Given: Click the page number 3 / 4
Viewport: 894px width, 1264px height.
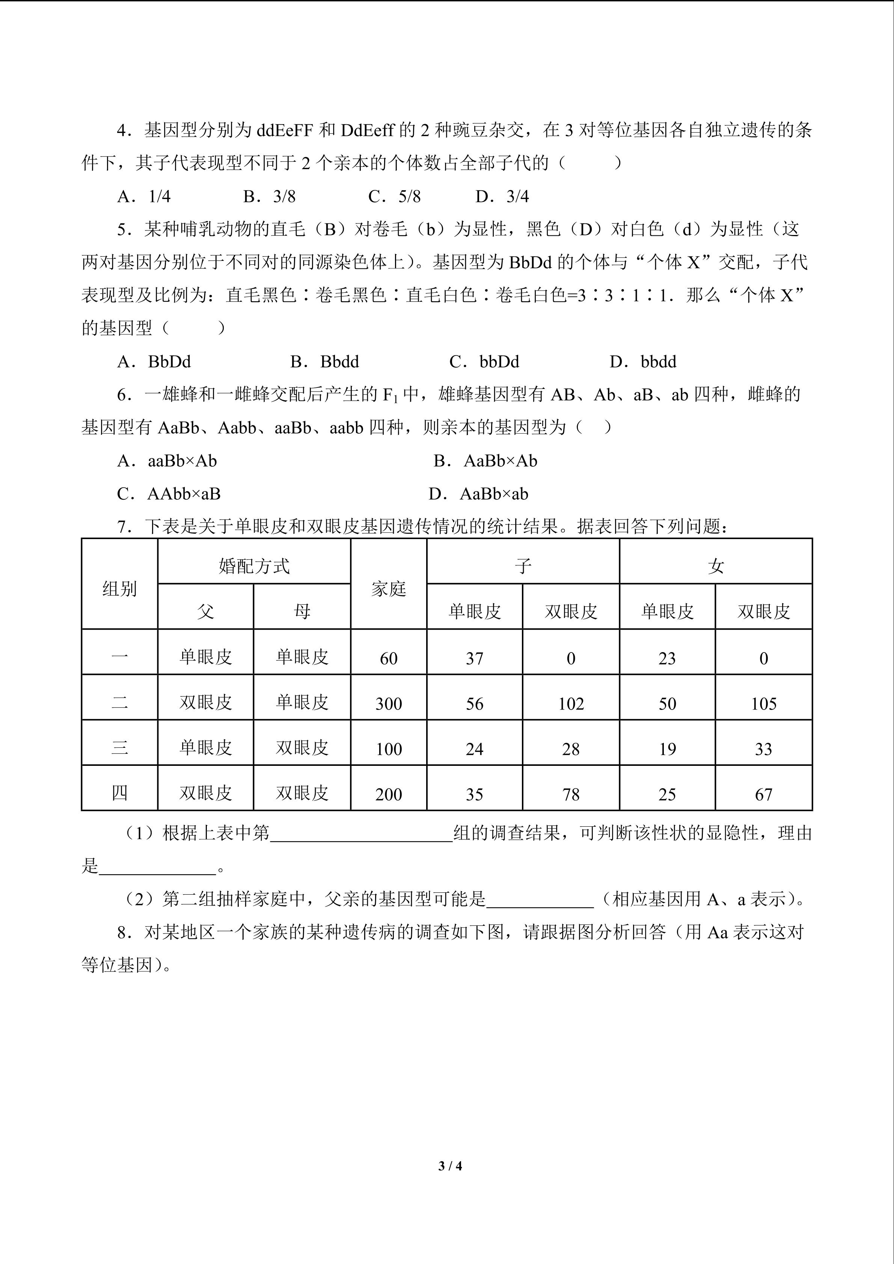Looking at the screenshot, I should [x=450, y=1166].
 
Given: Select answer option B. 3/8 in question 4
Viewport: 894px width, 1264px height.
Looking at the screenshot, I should [x=269, y=197].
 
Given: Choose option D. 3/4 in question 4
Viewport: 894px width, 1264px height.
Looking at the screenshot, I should [x=502, y=197].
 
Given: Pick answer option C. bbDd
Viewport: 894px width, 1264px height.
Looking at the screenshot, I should [x=484, y=362].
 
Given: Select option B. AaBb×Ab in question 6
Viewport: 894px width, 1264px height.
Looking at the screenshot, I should [x=485, y=461].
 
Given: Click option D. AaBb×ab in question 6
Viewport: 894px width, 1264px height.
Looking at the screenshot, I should [x=478, y=494].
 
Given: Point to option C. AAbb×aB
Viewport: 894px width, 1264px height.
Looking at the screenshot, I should [x=169, y=494].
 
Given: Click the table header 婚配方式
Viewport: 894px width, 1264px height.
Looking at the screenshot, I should [x=254, y=566].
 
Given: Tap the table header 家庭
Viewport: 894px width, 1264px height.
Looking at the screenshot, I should [x=389, y=589].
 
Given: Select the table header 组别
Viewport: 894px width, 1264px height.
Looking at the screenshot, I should [x=119, y=589].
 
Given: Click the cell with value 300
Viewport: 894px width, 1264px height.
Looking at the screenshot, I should [x=389, y=704].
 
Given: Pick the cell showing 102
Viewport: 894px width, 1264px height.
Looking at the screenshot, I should [x=571, y=704].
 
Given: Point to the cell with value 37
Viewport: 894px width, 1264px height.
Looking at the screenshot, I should [x=475, y=658].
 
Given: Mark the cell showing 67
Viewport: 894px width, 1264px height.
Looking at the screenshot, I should [x=764, y=794].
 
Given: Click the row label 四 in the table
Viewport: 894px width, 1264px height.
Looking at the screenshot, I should [x=119, y=793].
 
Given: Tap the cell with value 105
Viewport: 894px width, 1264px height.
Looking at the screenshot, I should [x=764, y=704].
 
